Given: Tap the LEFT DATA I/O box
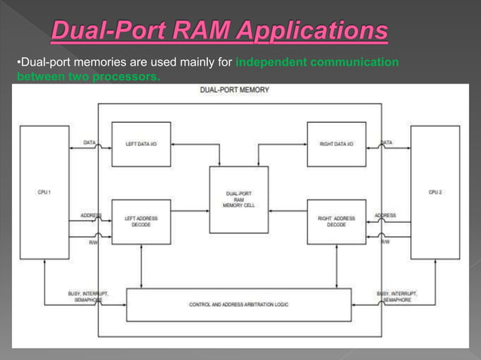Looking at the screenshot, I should click(x=141, y=144).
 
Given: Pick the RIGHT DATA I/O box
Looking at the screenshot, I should click(x=336, y=144).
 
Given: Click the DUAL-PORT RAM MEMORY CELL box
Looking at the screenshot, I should click(x=238, y=200).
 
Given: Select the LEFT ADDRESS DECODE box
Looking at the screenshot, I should click(x=141, y=221).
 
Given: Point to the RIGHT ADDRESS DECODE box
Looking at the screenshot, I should click(x=336, y=221).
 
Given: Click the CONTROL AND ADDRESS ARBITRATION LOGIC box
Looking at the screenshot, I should click(x=238, y=304).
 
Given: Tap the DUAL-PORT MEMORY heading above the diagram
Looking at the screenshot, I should click(x=234, y=90).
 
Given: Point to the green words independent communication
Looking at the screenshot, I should click(x=317, y=62).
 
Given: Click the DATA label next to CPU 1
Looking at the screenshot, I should click(x=89, y=142).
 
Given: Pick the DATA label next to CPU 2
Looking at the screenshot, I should click(x=387, y=142).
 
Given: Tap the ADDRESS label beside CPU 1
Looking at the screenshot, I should click(x=91, y=215).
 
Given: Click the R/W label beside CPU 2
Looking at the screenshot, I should click(x=385, y=242).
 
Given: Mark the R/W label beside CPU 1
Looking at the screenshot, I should click(x=92, y=242).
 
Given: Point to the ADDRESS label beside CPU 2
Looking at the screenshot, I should click(x=385, y=215).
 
